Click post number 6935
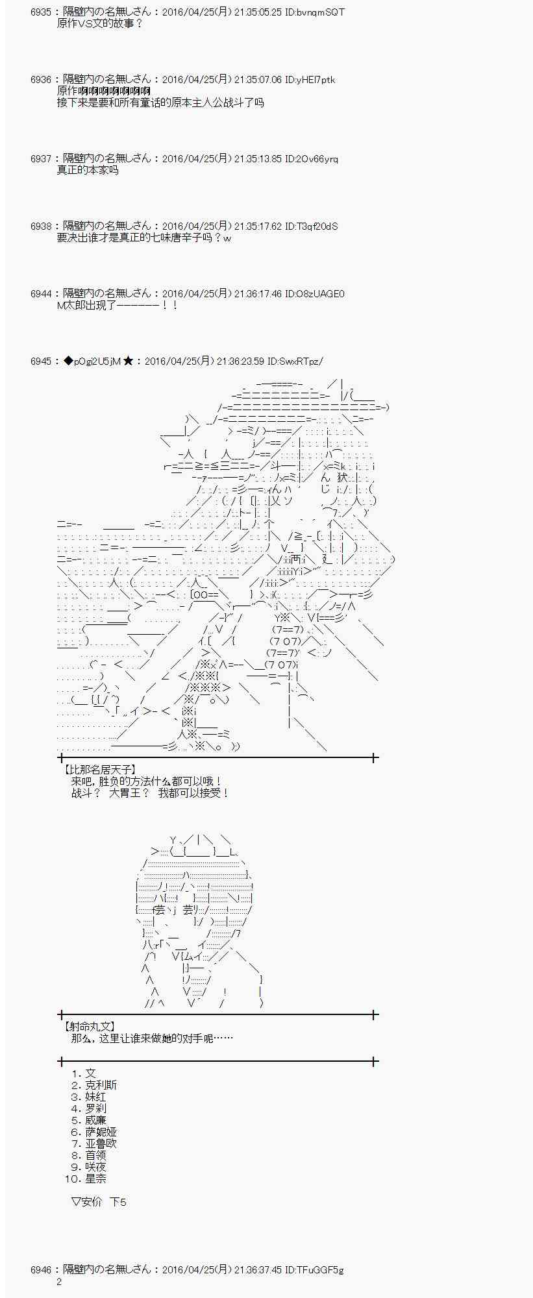coord(40,12)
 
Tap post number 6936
coord(40,80)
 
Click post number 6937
coord(40,159)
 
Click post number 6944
coord(40,294)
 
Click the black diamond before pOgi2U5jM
coord(68,361)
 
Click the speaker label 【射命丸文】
coord(89,1027)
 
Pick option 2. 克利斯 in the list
coord(94,1085)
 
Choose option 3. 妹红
coord(88,1097)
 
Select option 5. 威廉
coord(88,1120)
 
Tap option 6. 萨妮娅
coord(94,1132)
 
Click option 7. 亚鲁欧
coord(94,1144)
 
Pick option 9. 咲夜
coord(88,1167)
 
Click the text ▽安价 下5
coord(99,1202)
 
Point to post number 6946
coord(40,1269)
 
